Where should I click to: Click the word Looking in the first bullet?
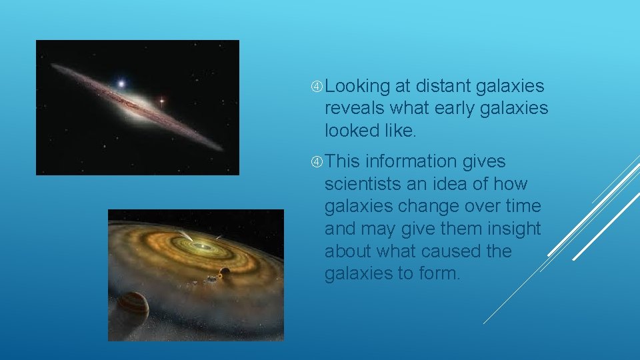357,87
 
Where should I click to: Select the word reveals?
354,108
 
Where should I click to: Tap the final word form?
441,273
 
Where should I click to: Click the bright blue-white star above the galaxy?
121,84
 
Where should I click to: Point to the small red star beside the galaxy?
161,101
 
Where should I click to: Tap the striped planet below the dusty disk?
133,305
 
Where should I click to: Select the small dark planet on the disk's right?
225,272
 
